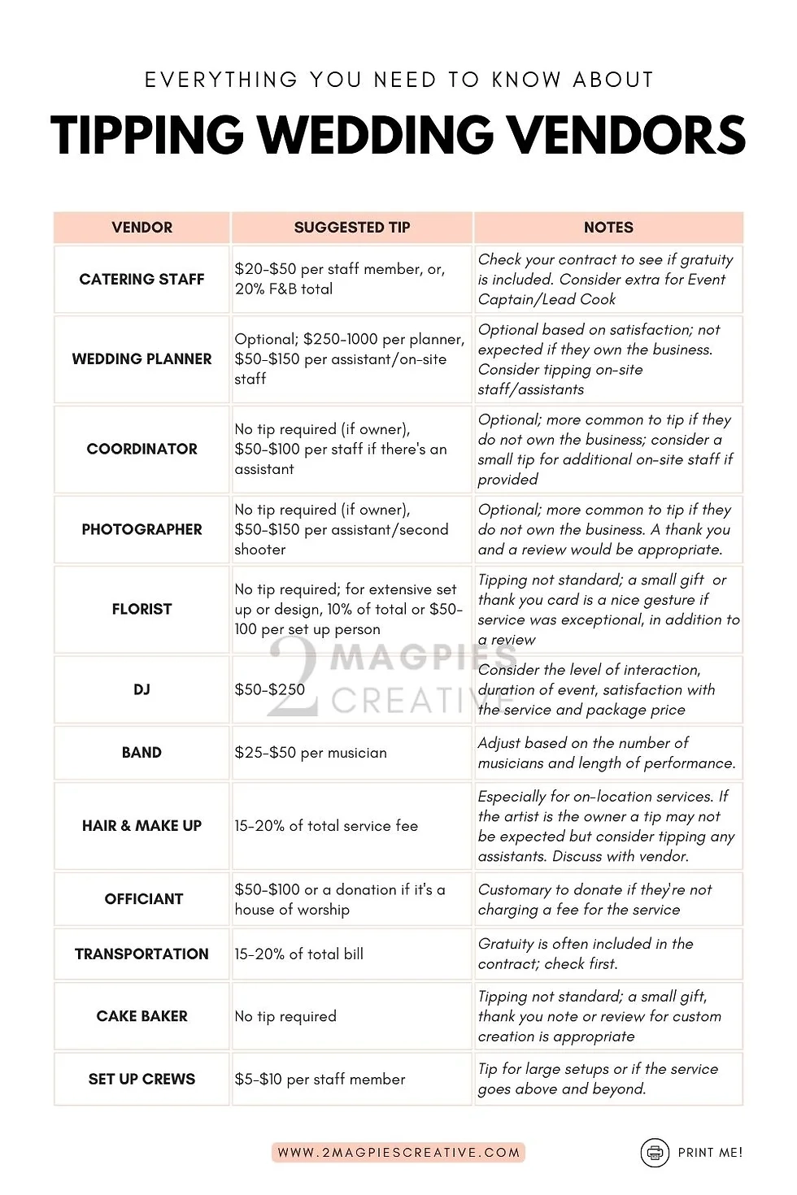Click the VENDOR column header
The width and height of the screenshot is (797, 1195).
pyautogui.click(x=142, y=228)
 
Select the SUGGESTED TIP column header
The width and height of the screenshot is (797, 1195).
pyautogui.click(x=351, y=228)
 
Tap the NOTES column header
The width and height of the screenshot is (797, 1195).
pyautogui.click(x=608, y=228)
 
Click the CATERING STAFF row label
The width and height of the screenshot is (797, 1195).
pyautogui.click(x=142, y=279)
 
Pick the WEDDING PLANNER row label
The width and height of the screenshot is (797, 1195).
pyautogui.click(x=142, y=358)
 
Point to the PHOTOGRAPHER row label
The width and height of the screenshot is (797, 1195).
pyautogui.click(x=142, y=529)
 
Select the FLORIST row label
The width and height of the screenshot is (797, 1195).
pyautogui.click(x=142, y=609)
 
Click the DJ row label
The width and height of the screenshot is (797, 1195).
pyautogui.click(x=142, y=689)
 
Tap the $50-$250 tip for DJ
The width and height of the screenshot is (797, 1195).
pyautogui.click(x=269, y=689)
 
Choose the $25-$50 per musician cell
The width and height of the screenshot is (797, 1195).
pyautogui.click(x=310, y=753)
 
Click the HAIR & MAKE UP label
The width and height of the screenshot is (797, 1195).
pyautogui.click(x=142, y=826)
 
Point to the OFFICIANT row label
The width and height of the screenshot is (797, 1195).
pyautogui.click(x=143, y=899)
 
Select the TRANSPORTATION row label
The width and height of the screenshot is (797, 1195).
pyautogui.click(x=142, y=954)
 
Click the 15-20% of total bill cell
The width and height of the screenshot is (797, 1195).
pyautogui.click(x=298, y=954)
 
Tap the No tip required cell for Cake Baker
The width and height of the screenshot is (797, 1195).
pyautogui.click(x=285, y=1016)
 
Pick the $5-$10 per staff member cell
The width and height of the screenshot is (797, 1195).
pyautogui.click(x=320, y=1080)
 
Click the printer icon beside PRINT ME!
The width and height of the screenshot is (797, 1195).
pyautogui.click(x=654, y=1152)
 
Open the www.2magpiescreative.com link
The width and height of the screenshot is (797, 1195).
pyautogui.click(x=398, y=1152)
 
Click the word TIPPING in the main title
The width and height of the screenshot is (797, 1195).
pyautogui.click(x=147, y=135)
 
